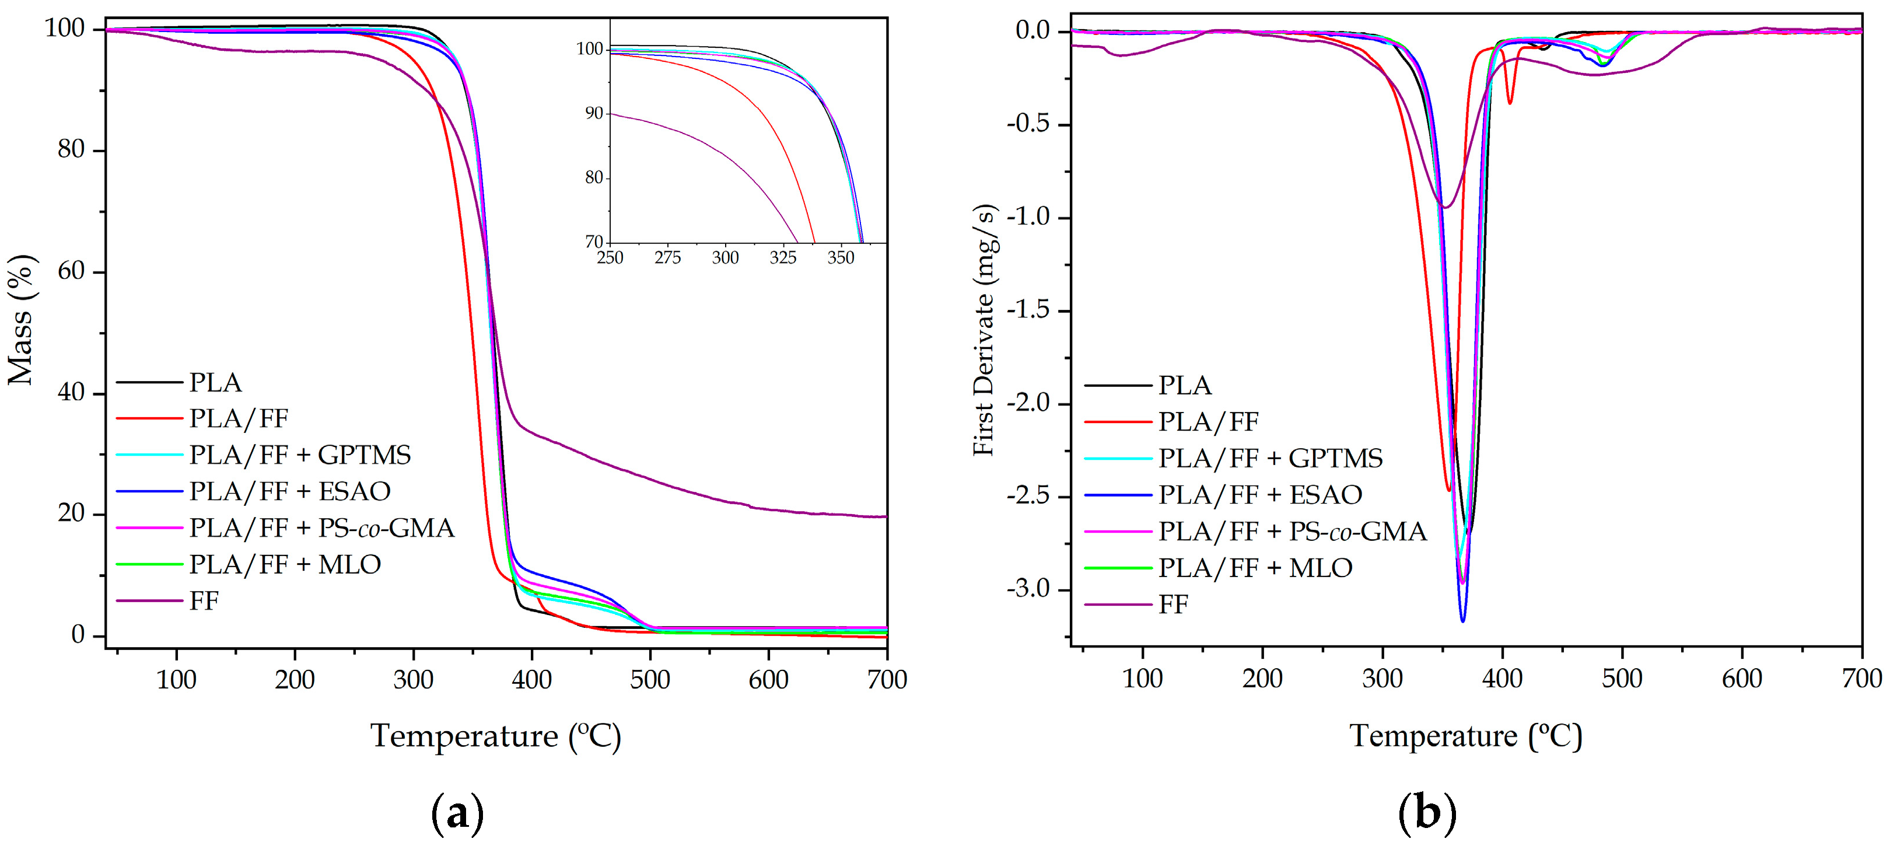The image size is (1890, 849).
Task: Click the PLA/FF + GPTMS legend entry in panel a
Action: pyautogui.click(x=299, y=455)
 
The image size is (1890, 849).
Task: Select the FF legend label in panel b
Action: pyautogui.click(x=1173, y=605)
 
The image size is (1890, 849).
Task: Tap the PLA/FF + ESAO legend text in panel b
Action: pyautogui.click(x=1260, y=495)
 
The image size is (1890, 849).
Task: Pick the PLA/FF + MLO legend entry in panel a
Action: pyautogui.click(x=285, y=564)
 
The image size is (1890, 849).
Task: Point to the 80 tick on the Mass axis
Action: pyautogui.click(x=71, y=150)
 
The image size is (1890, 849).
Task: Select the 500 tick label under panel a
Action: pyautogui.click(x=650, y=680)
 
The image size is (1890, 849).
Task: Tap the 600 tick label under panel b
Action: pyautogui.click(x=1742, y=679)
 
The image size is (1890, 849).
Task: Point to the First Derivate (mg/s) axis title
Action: pyautogui.click(x=985, y=330)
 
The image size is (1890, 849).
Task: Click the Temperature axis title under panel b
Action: pyautogui.click(x=1465, y=736)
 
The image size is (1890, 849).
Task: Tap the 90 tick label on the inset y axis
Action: pyautogui.click(x=594, y=114)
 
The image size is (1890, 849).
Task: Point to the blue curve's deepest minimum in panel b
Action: pyautogui.click(x=1462, y=621)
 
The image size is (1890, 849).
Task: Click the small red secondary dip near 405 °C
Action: pyautogui.click(x=1509, y=103)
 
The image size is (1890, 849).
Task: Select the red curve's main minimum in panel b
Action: pyautogui.click(x=1448, y=490)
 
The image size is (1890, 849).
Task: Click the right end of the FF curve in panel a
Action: pyautogui.click(x=885, y=516)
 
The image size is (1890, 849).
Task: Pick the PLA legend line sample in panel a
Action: pyautogui.click(x=149, y=382)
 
